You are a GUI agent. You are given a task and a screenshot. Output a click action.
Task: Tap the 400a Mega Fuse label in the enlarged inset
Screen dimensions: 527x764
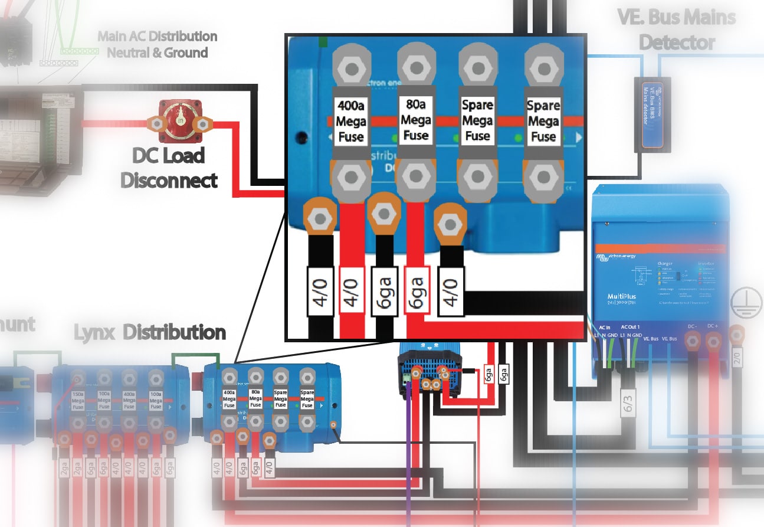coord(351,122)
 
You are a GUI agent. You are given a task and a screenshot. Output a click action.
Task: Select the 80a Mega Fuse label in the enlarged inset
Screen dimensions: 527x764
coord(415,119)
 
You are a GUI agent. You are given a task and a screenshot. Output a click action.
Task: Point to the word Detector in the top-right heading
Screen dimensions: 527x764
coord(677,42)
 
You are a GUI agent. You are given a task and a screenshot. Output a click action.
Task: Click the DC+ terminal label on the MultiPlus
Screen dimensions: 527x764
coord(713,326)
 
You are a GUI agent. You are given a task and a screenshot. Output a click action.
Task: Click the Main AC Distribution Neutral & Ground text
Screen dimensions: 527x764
coord(157,44)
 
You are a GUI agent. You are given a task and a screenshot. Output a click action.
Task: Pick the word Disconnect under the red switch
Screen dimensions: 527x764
coord(169,180)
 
